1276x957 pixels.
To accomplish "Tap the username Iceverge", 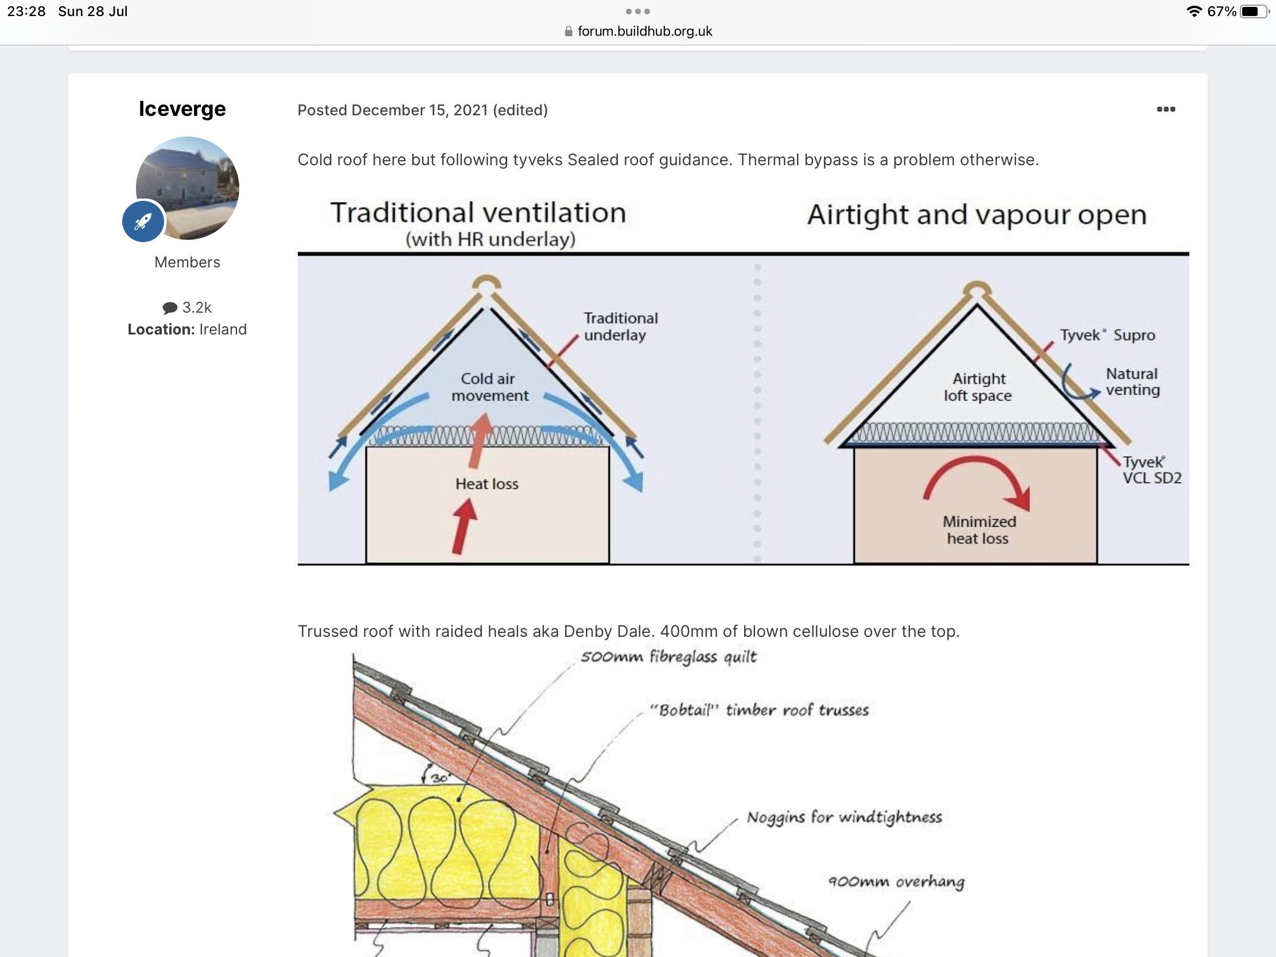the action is click(182, 109).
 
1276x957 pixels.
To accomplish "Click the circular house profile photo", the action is click(188, 188).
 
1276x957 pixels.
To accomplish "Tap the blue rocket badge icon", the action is click(143, 221).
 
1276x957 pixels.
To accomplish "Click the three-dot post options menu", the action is click(1166, 109).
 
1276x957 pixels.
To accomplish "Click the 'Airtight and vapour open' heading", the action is click(977, 215).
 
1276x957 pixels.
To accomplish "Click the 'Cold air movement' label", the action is click(489, 387).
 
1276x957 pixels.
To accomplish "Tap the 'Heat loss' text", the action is click(487, 484).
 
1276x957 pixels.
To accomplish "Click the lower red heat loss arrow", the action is click(462, 526).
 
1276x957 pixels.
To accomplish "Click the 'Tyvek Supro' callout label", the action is click(1107, 335).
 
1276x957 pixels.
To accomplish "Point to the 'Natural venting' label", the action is click(1133, 382).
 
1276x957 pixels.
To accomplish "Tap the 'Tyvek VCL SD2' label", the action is click(1151, 469).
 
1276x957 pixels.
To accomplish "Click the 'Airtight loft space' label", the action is click(978, 387).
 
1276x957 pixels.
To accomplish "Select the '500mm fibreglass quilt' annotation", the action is click(668, 657).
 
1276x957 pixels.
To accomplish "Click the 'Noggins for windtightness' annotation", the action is click(844, 818).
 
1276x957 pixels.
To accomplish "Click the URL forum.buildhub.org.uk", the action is click(645, 31).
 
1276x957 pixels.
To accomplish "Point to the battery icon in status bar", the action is click(1254, 11).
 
